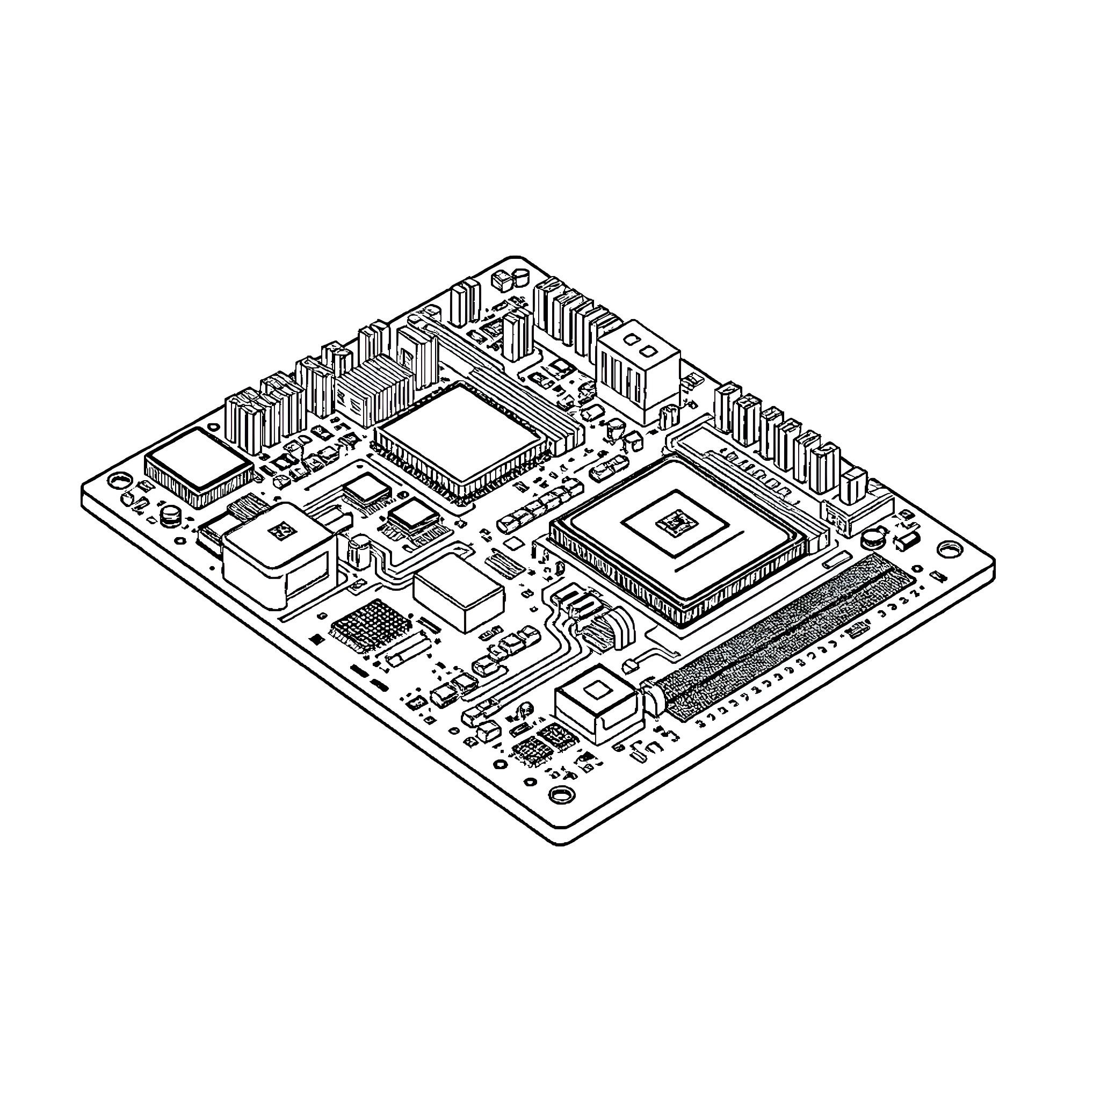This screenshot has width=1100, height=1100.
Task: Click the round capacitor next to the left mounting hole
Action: pos(170,515)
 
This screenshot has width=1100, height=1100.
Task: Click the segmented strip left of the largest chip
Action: pos(539,508)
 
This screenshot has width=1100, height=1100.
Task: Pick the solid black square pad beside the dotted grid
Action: pos(314,639)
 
